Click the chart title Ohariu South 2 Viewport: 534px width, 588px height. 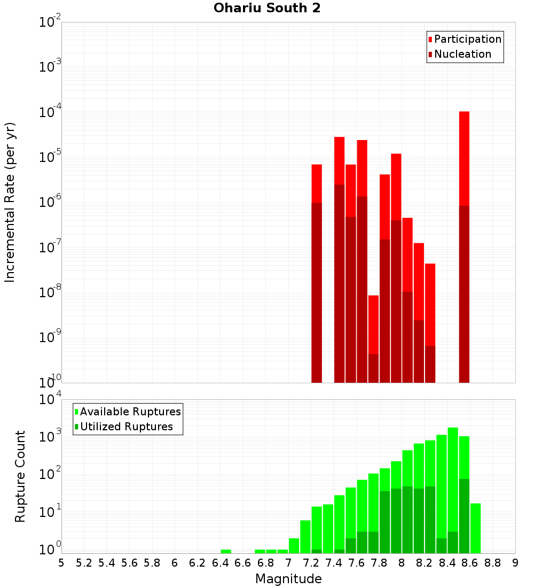267,9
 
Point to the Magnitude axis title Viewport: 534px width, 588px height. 288,579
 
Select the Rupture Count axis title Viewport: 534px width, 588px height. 20,476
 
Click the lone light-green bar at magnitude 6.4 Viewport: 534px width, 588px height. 226,551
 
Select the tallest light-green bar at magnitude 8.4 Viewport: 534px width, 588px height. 453,481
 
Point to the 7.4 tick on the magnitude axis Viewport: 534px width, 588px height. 334,563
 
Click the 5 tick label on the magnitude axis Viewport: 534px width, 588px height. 61,563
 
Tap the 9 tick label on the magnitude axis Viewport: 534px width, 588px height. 515,563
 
